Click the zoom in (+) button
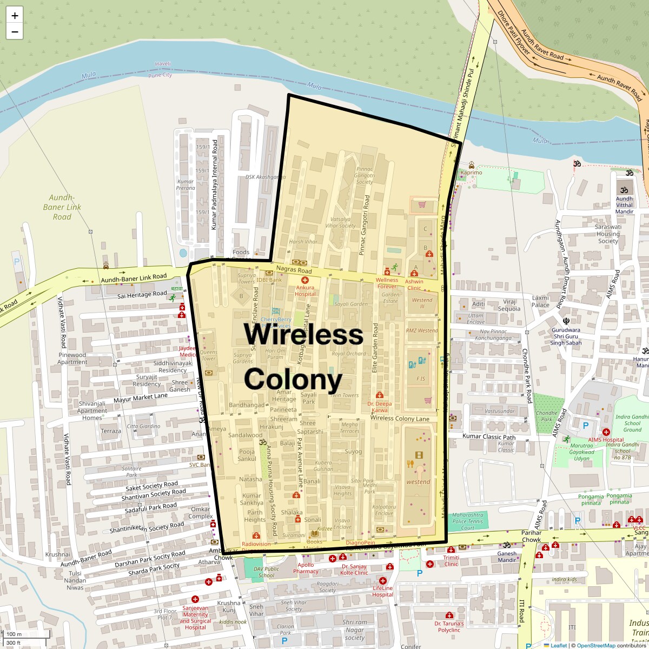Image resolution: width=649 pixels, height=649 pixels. [x=15, y=16]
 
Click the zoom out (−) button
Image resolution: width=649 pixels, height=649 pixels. [x=15, y=31]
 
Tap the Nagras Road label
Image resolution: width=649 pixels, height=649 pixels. [x=294, y=270]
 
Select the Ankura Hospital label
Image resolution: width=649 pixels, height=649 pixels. [x=305, y=291]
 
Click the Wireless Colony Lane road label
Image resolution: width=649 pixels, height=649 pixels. [x=400, y=418]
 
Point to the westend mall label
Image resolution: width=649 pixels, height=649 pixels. [x=418, y=481]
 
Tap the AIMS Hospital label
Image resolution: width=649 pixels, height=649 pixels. [x=606, y=440]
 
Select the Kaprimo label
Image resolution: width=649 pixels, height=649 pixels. [x=471, y=172]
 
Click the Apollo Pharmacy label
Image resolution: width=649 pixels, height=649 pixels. [x=306, y=568]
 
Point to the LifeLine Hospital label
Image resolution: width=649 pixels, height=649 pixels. [x=382, y=591]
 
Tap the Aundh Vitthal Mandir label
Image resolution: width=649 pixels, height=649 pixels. [x=624, y=205]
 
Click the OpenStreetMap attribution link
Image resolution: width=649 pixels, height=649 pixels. [x=595, y=645]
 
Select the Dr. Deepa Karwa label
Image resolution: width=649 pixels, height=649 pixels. [x=380, y=407]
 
